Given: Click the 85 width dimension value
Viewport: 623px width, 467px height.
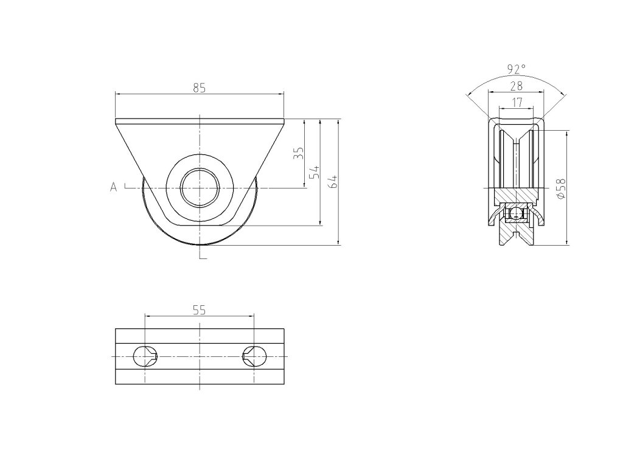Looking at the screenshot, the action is point(199,88).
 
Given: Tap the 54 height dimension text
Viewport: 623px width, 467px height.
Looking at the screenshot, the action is point(315,171).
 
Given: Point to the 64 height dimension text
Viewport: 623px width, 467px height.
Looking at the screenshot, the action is point(333,181).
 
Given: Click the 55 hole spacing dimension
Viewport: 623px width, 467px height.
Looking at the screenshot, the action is point(199,310).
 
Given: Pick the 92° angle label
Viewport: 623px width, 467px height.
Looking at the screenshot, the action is point(516,68).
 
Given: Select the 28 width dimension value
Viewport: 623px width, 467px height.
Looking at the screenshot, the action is point(516,86).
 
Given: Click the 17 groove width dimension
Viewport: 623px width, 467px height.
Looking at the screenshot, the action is point(517,103).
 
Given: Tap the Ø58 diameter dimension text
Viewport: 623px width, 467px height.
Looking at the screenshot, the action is point(560,189).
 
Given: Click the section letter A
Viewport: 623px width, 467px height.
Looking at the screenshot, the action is point(113,187).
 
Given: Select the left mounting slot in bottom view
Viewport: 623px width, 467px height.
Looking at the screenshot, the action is point(145,356).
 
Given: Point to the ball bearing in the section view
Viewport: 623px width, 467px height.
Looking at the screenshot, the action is point(517,213).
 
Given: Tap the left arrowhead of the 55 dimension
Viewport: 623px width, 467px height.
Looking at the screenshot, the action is point(148,316).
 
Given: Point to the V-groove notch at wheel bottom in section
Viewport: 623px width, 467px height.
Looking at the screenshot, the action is point(517,236).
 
